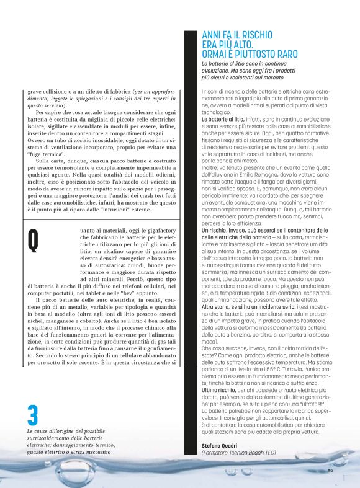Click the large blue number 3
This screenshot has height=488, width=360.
(33, 415)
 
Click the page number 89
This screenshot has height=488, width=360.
(331, 471)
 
